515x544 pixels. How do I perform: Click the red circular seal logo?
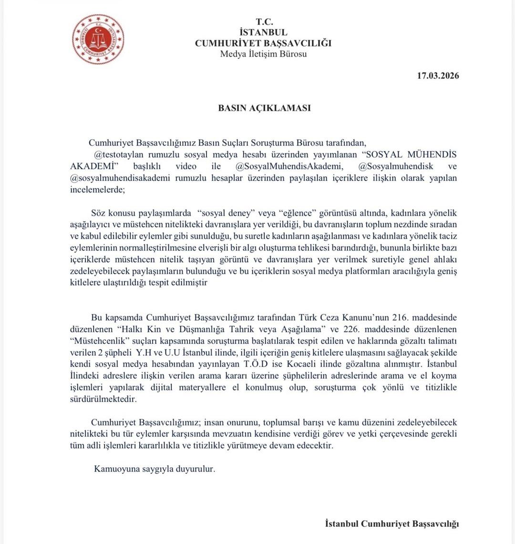click(x=98, y=40)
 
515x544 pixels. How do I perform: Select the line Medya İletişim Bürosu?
click(x=263, y=54)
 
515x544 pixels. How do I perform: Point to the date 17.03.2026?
click(x=438, y=76)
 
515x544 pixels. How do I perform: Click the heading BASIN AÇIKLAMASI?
click(x=264, y=108)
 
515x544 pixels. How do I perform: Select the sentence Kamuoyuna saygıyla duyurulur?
click(x=154, y=468)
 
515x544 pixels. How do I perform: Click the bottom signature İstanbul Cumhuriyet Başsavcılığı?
click(x=391, y=524)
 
